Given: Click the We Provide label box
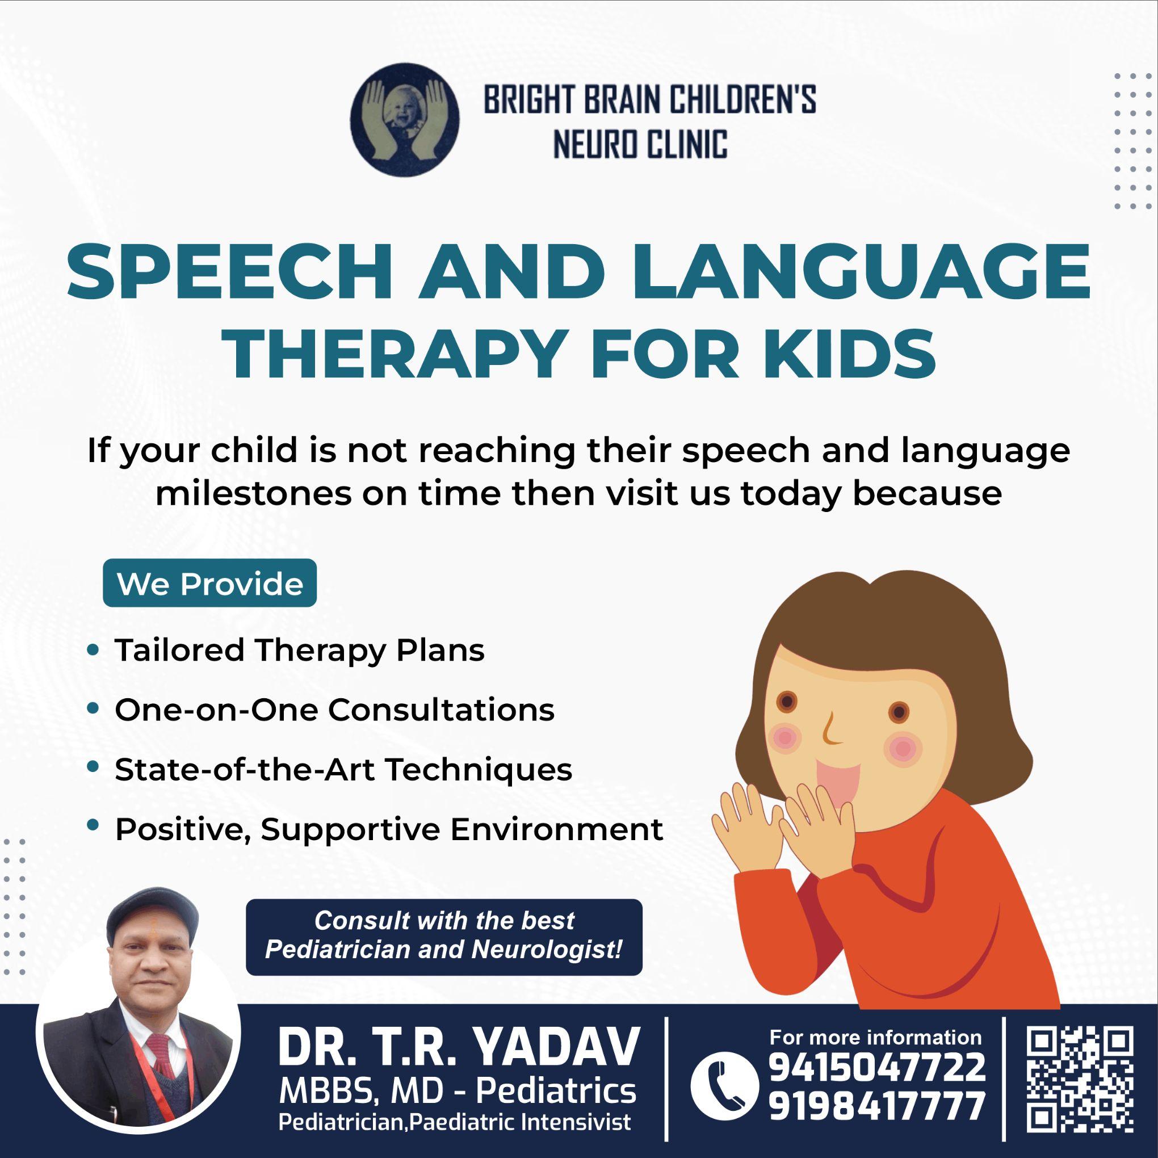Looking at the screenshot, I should [210, 583].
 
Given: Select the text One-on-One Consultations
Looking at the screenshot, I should [334, 710].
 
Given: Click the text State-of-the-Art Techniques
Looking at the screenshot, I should [343, 770].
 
